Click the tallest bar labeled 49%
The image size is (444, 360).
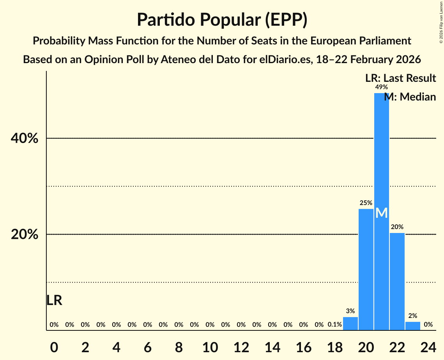(382, 156)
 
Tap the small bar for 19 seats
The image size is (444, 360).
(350, 324)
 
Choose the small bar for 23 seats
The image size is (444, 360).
(413, 326)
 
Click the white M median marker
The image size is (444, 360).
(382, 213)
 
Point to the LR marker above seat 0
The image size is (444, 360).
(54, 300)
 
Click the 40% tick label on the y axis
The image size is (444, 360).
(27, 138)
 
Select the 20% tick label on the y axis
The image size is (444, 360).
(27, 235)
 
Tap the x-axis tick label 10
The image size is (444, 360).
(210, 346)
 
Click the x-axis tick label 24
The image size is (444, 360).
(428, 346)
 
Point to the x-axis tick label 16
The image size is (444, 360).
(304, 346)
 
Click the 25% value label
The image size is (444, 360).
(366, 203)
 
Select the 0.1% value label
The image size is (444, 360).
(335, 325)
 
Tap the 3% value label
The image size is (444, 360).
(350, 311)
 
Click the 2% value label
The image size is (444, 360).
(413, 316)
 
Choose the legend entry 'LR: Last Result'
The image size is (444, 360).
(400, 78)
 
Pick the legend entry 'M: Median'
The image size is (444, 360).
(410, 97)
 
